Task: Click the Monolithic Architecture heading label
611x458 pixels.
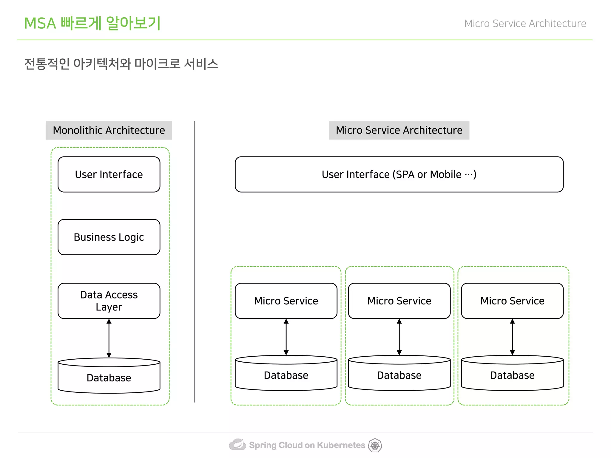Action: [x=109, y=130]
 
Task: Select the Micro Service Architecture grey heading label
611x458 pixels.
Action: [x=399, y=130]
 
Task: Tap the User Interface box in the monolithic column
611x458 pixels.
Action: [x=109, y=174]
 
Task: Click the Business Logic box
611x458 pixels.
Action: [x=109, y=237]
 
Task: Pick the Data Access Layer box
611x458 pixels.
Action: [x=109, y=301]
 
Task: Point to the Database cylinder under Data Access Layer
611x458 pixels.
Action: [x=109, y=376]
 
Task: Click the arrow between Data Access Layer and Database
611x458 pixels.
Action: [x=109, y=338]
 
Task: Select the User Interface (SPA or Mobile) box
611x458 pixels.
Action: [x=399, y=174]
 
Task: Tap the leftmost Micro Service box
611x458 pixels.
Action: [x=286, y=301]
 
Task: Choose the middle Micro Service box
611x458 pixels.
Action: [x=399, y=301]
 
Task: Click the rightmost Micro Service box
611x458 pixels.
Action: [x=512, y=301]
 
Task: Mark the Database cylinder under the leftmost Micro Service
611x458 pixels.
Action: [x=286, y=374]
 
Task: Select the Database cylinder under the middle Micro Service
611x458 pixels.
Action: [x=399, y=374]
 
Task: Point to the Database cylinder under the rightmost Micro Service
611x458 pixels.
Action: [x=512, y=374]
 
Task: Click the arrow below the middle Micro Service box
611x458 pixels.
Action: [x=399, y=337]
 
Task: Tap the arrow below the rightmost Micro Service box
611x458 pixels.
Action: [x=512, y=337]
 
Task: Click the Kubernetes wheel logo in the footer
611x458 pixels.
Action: [x=375, y=445]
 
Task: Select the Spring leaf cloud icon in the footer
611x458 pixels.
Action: [x=237, y=445]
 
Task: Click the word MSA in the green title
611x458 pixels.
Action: [x=40, y=23]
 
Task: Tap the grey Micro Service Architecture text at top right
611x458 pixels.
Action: [x=525, y=24]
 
